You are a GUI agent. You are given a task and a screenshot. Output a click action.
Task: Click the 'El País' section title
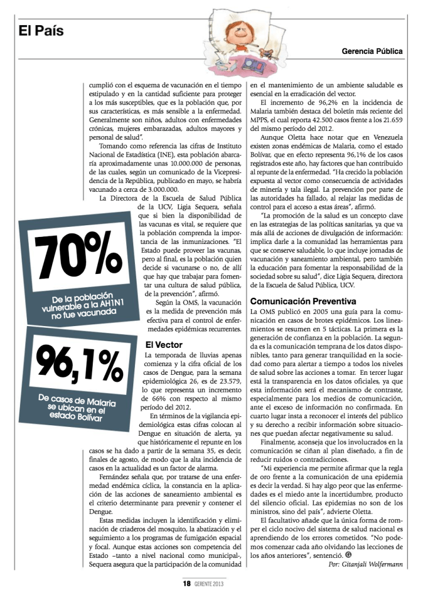41,31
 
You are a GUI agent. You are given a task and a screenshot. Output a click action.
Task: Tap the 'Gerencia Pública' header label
373,51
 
